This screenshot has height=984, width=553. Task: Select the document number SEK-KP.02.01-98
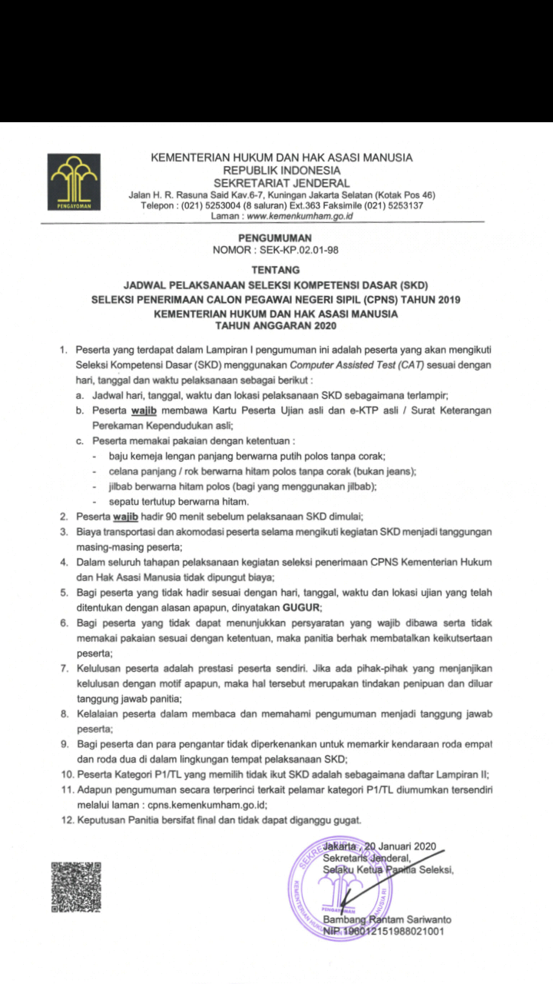[301, 251]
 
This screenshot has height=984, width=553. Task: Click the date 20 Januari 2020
[402, 846]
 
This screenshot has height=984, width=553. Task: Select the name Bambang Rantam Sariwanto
[387, 919]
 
